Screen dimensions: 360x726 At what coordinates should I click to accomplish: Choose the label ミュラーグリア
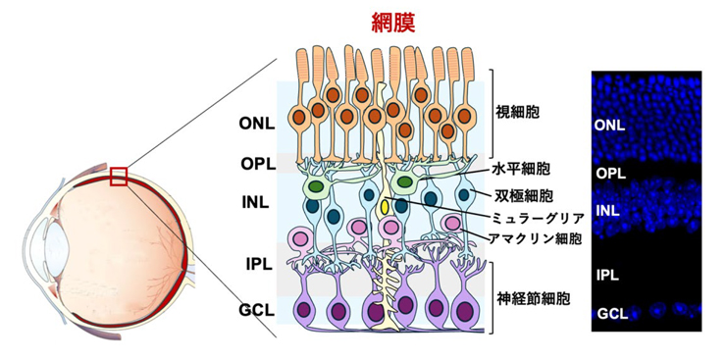[x=544, y=218]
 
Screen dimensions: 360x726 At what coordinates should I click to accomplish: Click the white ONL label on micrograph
[x=609, y=126]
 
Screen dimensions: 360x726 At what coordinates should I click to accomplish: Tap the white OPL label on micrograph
[x=609, y=173]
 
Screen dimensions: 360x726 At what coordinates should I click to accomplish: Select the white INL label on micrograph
[x=608, y=210]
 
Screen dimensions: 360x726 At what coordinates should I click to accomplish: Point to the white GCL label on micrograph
[x=609, y=314]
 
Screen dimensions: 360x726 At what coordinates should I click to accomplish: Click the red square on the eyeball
[x=120, y=176]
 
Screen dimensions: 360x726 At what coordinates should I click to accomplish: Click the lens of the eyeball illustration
[x=51, y=240]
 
